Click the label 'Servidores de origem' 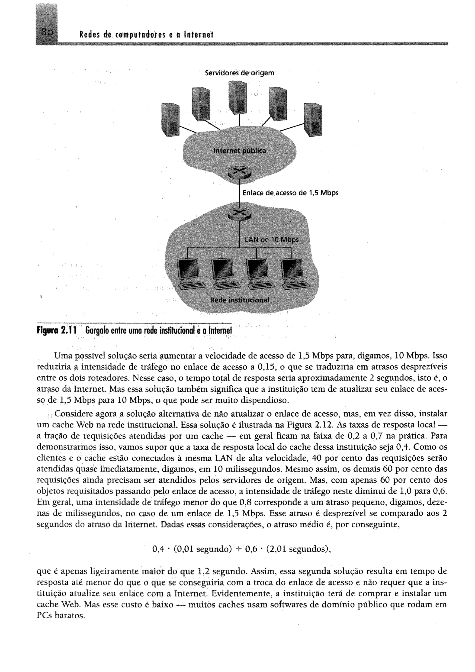239,73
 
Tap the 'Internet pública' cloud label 240,151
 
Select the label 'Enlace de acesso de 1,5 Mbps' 290,193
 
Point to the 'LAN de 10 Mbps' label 271,240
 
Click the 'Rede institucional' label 240,300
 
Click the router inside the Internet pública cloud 239,172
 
